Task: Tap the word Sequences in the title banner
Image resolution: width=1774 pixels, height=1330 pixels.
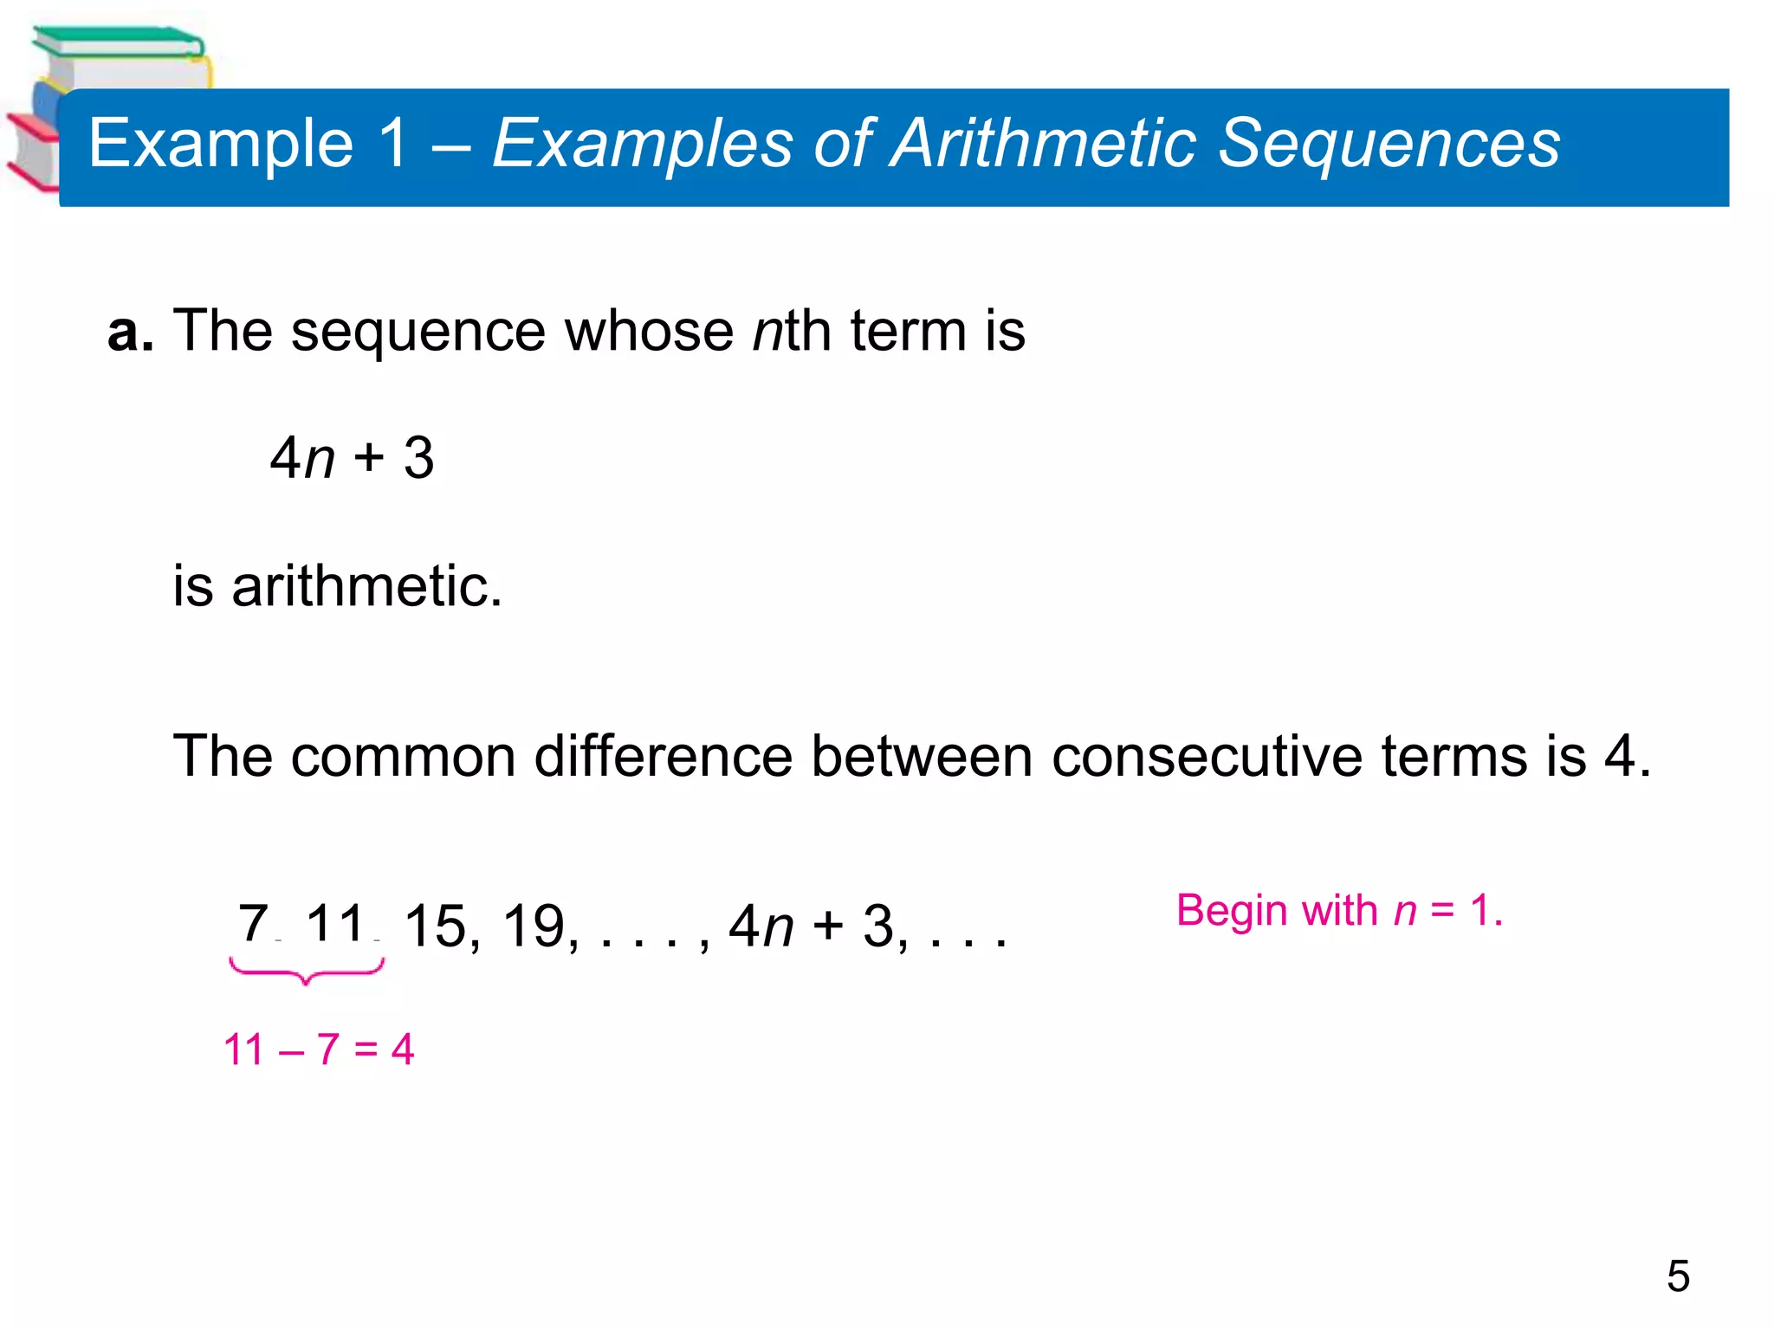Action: [1389, 144]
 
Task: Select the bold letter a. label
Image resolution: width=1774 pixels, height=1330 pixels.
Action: [130, 331]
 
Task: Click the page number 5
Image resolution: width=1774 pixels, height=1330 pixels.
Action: [1678, 1276]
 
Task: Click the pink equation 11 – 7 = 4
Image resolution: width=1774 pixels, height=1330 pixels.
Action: [319, 1049]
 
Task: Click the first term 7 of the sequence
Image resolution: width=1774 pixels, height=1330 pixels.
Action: [253, 923]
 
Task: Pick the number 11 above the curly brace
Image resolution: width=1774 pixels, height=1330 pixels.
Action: [336, 923]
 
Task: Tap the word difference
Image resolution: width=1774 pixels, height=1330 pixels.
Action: [663, 756]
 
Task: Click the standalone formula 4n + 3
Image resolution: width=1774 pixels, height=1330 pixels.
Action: [352, 458]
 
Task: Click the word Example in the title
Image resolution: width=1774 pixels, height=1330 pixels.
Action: [221, 144]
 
